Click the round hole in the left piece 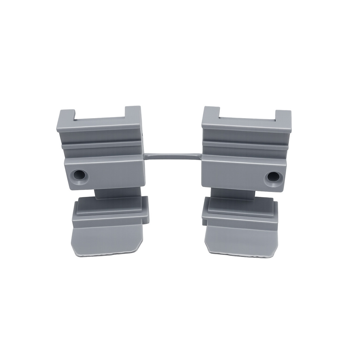(x=79, y=175)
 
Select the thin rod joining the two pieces (x=172, y=155)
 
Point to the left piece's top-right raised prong (x=133, y=112)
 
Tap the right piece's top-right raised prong (x=283, y=116)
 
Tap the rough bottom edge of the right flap (x=239, y=255)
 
